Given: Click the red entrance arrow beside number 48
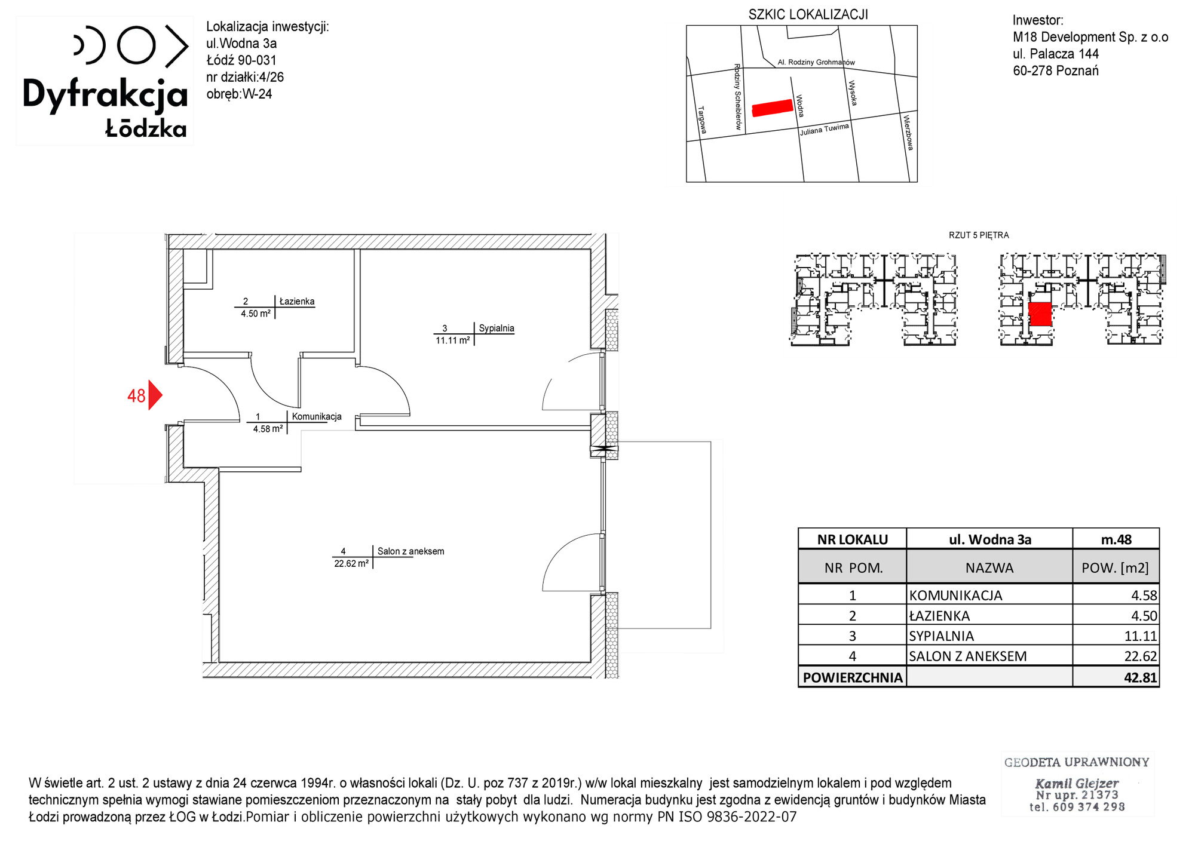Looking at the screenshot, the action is click(x=154, y=395).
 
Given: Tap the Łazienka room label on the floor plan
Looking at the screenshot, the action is click(x=297, y=302).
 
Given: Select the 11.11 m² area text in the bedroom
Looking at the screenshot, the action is click(x=453, y=340).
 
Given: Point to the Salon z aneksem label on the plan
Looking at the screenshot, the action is click(x=410, y=551).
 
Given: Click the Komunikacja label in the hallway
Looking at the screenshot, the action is click(x=317, y=416).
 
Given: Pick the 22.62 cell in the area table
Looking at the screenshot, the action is click(x=1141, y=656).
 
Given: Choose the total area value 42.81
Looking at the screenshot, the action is click(x=1141, y=677).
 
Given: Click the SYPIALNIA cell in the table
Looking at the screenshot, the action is click(x=941, y=636).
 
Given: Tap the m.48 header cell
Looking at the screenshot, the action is click(x=1116, y=539).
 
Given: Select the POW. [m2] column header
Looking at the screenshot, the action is click(x=1115, y=567).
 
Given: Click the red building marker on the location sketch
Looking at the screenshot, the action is click(x=772, y=108).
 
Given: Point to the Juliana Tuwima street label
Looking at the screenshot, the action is click(x=825, y=129).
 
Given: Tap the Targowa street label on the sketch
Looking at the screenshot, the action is click(x=702, y=120).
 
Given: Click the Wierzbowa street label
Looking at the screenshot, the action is click(x=908, y=132).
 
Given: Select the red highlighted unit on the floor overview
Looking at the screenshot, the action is click(x=1040, y=314).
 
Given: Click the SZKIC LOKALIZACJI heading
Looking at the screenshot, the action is click(x=808, y=15).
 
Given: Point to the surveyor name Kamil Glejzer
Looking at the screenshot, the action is click(x=1077, y=783).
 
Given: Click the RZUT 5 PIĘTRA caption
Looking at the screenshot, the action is click(x=979, y=235).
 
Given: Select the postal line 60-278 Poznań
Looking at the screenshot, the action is click(x=1056, y=70).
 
